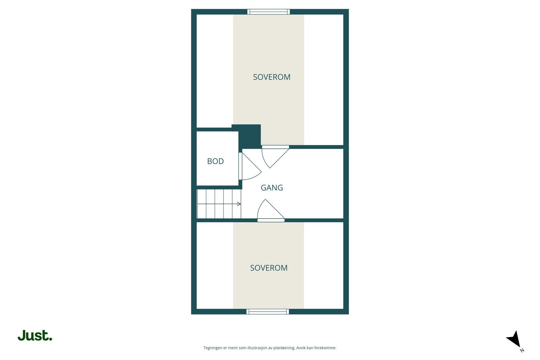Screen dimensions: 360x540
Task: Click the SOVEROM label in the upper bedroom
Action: pyautogui.click(x=272, y=77)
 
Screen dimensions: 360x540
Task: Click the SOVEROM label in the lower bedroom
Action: pyautogui.click(x=269, y=268)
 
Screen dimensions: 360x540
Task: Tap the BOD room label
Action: pyautogui.click(x=215, y=161)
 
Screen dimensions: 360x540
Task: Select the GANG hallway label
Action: pyautogui.click(x=272, y=188)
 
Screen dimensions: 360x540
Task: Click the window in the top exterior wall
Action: pyautogui.click(x=269, y=12)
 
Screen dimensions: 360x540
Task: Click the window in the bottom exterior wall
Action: pyautogui.click(x=268, y=311)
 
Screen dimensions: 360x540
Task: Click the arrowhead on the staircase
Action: pyautogui.click(x=239, y=204)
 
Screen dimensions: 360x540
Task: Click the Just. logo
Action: pyautogui.click(x=35, y=336)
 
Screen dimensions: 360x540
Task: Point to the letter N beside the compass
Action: pyautogui.click(x=522, y=350)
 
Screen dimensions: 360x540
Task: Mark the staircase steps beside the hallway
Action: pyautogui.click(x=219, y=204)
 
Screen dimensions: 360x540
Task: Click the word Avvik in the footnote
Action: pyautogui.click(x=301, y=348)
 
